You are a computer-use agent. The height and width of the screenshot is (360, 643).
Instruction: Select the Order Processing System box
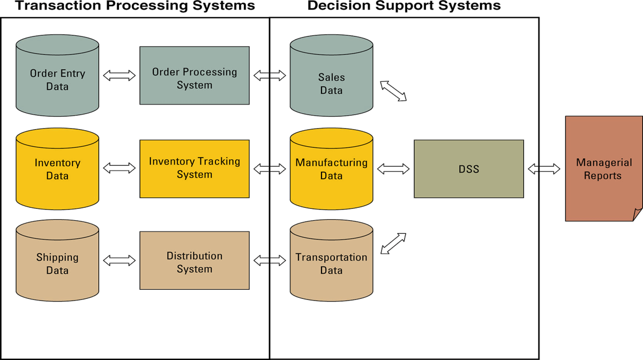194,76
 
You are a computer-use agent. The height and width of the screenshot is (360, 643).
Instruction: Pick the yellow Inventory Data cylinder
57,169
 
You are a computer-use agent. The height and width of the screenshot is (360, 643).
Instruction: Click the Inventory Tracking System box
194,169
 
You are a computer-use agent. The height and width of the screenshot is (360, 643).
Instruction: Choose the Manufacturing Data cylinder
331,169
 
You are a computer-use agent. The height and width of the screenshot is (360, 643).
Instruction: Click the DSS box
469,169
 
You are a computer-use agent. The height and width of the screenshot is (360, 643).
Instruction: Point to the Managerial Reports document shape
602,169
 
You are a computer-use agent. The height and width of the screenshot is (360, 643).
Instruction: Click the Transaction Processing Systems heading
135,6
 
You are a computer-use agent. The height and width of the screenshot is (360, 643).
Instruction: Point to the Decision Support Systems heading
404,6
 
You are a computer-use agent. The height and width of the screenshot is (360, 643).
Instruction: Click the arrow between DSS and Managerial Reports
544,169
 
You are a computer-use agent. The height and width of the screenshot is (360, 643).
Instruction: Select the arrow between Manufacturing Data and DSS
393,169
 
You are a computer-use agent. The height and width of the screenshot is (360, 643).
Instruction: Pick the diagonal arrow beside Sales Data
393,91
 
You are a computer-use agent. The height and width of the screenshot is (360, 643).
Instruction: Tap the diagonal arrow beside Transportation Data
393,243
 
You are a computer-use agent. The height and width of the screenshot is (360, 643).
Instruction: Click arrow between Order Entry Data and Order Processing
119,76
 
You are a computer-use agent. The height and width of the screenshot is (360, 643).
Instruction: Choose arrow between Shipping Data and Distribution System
119,261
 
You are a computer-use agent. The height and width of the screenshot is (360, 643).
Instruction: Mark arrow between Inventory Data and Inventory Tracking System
119,168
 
